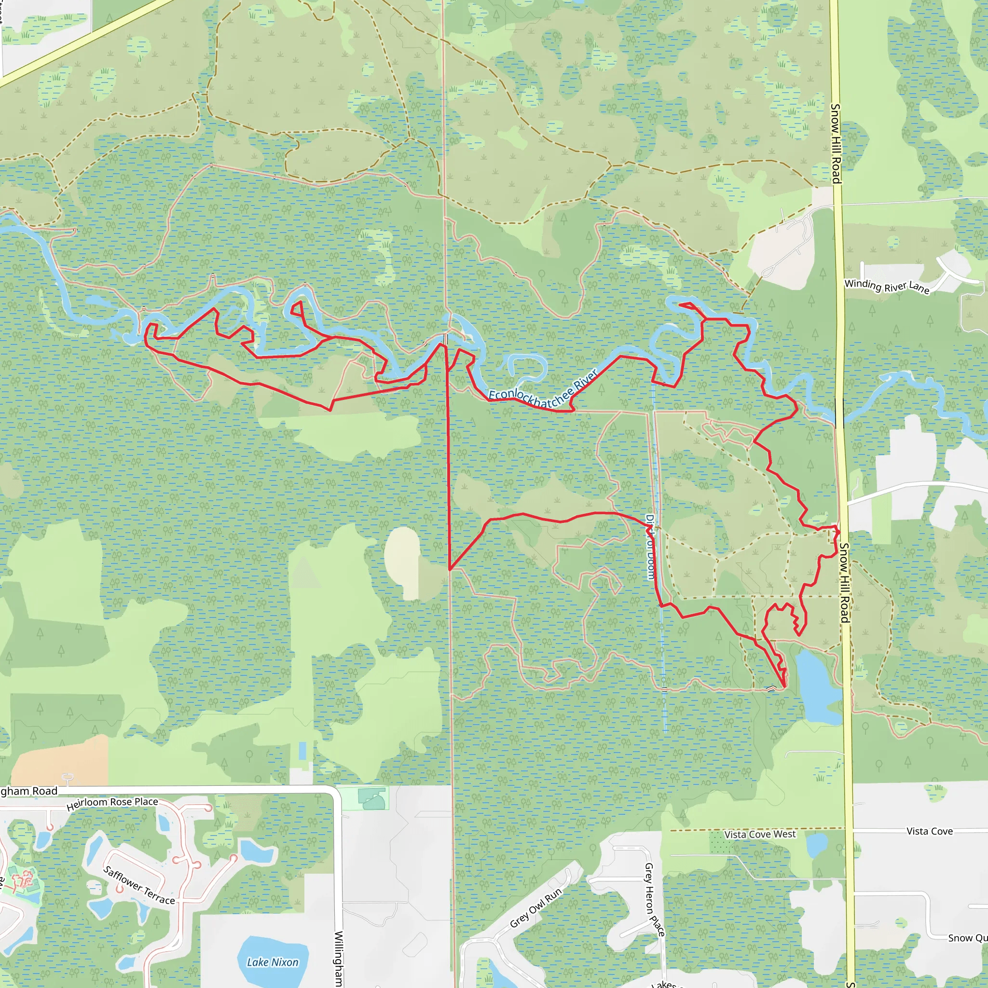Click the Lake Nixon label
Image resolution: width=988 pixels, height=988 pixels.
click(x=273, y=962)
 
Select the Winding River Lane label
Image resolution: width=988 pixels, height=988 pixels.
click(x=887, y=286)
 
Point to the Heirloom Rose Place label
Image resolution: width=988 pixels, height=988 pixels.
click(x=112, y=804)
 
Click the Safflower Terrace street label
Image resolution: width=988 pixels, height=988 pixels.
click(x=139, y=885)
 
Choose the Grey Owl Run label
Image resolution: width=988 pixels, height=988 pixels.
click(x=535, y=908)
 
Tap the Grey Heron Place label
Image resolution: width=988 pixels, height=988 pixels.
click(x=654, y=900)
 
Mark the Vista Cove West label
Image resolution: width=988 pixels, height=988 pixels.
click(x=760, y=835)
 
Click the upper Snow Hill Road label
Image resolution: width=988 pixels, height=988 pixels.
click(x=835, y=143)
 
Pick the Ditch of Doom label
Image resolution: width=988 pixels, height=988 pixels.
click(x=650, y=547)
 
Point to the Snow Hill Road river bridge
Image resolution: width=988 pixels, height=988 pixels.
click(x=840, y=412)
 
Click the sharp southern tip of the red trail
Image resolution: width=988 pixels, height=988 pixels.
click(x=784, y=687)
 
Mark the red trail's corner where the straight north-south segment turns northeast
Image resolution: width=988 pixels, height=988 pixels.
click(x=450, y=569)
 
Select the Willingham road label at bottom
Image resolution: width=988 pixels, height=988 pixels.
click(x=338, y=959)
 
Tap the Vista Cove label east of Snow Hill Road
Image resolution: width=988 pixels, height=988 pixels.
click(x=929, y=832)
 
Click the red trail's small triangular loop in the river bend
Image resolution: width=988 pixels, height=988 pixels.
click(x=297, y=309)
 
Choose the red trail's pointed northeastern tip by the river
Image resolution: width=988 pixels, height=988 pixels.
click(x=681, y=305)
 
